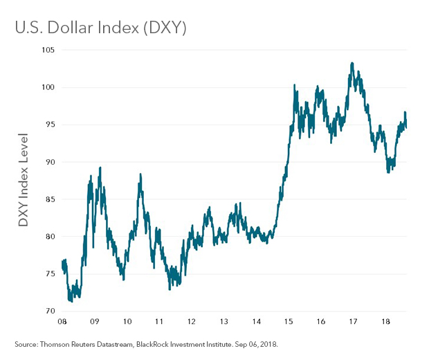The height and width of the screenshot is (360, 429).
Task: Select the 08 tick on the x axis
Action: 62,322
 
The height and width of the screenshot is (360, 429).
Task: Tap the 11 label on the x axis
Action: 160,322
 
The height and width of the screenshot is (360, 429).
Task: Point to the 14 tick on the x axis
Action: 257,322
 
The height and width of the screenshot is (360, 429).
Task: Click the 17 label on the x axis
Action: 353,322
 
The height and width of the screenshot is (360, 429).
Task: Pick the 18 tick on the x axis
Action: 385,322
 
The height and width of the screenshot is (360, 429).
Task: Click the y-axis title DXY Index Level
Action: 24,180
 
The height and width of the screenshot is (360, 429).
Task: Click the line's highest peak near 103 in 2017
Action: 353,63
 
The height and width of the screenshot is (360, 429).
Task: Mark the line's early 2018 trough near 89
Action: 388,172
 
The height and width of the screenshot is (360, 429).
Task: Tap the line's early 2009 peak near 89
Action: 100,168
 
